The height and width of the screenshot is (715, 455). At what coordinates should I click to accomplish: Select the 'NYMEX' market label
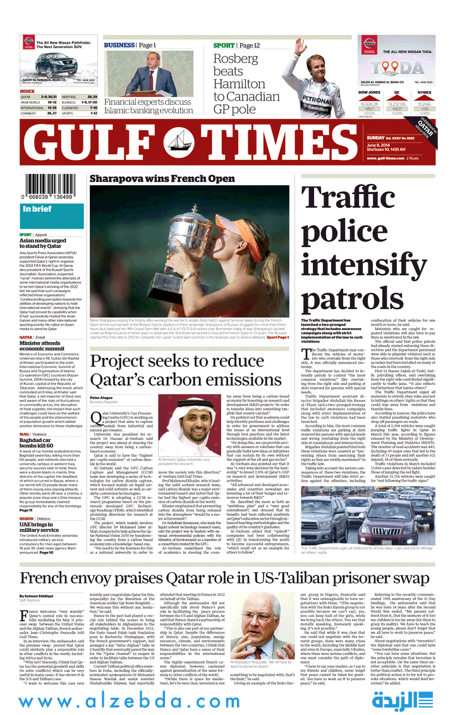(424, 92)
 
